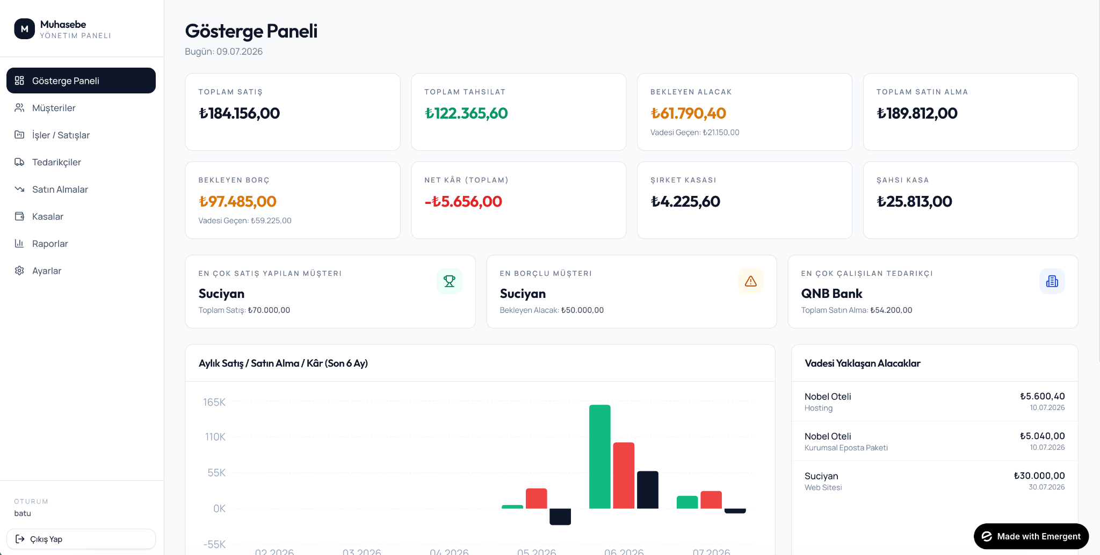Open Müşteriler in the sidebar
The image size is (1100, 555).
(54, 108)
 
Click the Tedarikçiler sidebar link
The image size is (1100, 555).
(56, 162)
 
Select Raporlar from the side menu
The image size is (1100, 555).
(50, 244)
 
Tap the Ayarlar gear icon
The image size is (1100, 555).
(19, 271)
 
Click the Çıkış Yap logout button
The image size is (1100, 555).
(81, 539)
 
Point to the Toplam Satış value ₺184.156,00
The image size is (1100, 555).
(239, 113)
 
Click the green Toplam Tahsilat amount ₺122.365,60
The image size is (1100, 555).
(466, 113)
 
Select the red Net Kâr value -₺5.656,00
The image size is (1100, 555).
(463, 201)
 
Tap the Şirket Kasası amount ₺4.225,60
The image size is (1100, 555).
(685, 201)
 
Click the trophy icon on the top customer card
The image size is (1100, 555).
(450, 281)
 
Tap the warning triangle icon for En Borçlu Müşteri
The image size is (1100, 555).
(751, 281)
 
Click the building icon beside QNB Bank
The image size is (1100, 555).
(1052, 281)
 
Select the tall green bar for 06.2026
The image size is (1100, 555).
(600, 457)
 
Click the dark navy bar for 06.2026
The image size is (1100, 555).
(648, 490)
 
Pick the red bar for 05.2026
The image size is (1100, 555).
(537, 499)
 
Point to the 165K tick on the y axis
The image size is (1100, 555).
(214, 402)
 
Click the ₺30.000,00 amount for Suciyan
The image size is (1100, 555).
(1039, 476)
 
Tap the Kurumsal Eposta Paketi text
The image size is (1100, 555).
(846, 448)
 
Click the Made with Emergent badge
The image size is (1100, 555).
(1031, 536)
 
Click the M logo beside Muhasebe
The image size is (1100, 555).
(25, 29)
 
